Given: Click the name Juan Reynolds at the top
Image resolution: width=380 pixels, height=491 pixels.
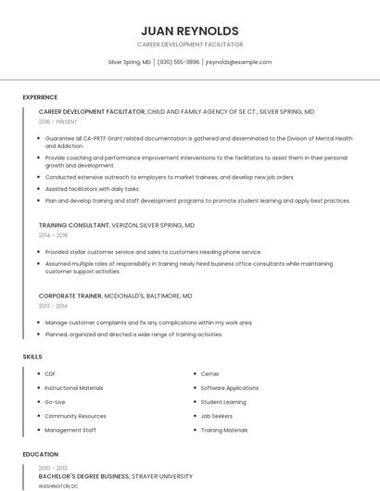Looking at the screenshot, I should coord(190,31).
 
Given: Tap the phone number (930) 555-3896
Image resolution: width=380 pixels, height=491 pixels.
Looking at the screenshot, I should coord(178,62).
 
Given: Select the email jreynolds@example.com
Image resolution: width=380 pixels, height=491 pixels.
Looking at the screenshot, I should coord(238,62).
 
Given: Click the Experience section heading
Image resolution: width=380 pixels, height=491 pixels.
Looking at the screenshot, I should coord(40,97).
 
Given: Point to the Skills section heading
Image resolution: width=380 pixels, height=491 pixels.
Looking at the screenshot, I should coord(32,357).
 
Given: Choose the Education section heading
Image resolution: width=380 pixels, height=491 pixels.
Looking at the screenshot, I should coord(40,455).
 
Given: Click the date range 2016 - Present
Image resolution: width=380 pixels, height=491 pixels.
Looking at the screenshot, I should coord(58,121).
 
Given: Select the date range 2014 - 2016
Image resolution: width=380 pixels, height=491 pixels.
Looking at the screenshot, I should coord(53,235).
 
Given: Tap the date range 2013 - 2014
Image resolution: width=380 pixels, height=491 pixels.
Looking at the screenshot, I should coord(53,306).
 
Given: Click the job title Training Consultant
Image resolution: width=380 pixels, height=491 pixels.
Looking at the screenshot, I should coord(74,225).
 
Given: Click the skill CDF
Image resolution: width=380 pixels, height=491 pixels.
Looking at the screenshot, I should coord(50,374).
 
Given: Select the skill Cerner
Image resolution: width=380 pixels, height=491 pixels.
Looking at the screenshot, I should coord(210,374).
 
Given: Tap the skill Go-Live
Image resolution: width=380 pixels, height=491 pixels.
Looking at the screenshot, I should coord(56,402).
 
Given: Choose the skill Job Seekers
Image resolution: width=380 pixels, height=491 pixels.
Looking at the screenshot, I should coord(216,416).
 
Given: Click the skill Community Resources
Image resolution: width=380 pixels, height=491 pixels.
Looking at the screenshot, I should coord(75,416).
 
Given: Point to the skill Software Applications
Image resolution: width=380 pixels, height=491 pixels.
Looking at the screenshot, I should coord(230,388).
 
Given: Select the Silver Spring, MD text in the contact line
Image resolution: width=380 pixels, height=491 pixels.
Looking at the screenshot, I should coord(129,62).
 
